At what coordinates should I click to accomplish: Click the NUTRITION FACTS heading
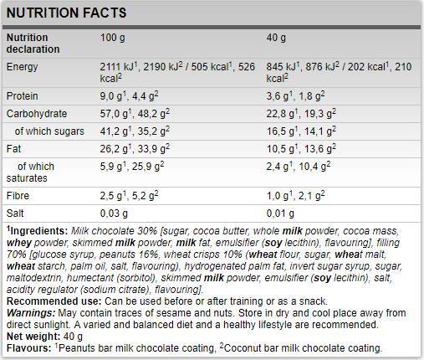67,13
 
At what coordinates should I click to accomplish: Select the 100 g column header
112,38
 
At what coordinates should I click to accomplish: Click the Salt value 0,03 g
115,213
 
